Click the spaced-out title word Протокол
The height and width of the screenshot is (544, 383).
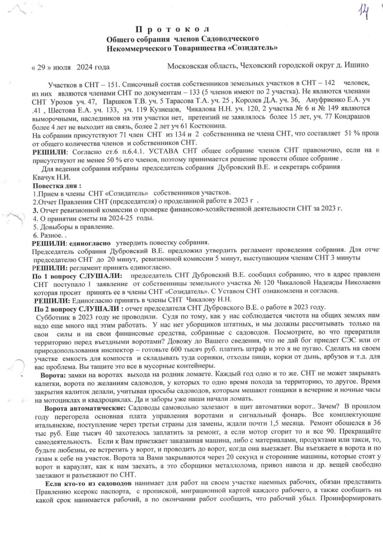[174, 28]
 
